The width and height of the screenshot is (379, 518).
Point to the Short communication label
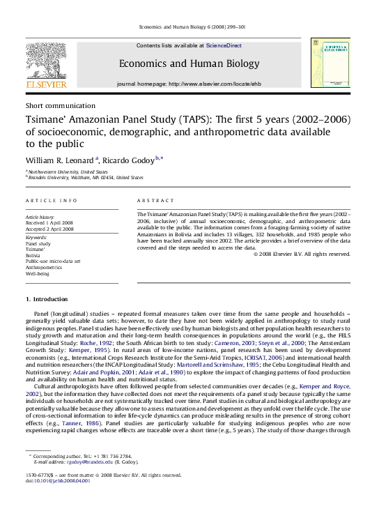(x=60, y=105)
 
